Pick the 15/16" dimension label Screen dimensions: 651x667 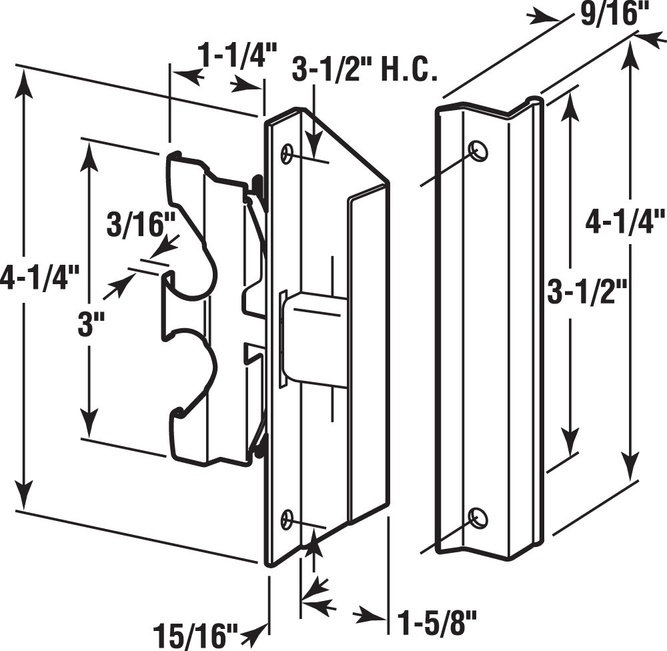point(195,632)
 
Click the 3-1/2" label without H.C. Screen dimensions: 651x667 point(587,292)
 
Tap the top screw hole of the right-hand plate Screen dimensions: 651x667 point(478,151)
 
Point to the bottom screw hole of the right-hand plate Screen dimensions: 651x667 point(478,517)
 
